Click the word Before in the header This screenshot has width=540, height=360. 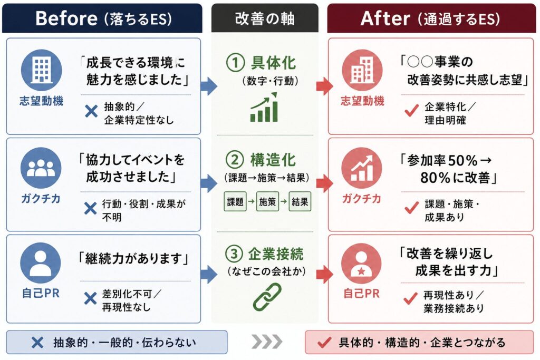pyautogui.click(x=66, y=18)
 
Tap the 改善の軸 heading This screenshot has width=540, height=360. pyautogui.click(x=264, y=18)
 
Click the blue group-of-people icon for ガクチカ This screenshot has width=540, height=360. pyautogui.click(x=41, y=167)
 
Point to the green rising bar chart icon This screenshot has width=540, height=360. pyautogui.click(x=264, y=108)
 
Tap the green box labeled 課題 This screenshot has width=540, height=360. pyautogui.click(x=235, y=202)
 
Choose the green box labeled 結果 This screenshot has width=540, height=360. pyautogui.click(x=300, y=202)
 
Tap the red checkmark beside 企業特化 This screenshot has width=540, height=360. pyautogui.click(x=411, y=112)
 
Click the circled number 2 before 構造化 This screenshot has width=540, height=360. pyautogui.click(x=234, y=159)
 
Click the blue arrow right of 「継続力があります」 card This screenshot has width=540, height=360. pyautogui.click(x=209, y=275)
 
